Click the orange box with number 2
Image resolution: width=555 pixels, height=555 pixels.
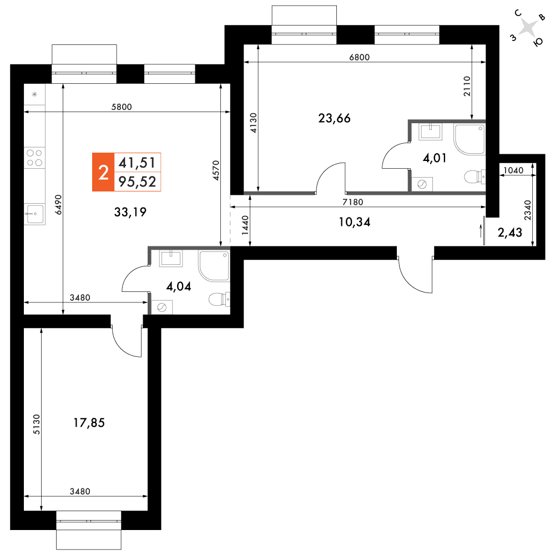(103, 173)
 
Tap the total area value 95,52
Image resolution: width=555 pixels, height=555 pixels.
(137, 182)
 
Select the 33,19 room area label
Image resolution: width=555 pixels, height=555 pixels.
(130, 212)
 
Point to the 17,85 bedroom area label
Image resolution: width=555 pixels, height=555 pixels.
(89, 422)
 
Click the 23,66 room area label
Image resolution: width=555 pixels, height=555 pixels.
(335, 118)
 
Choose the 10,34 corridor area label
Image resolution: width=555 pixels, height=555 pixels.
(355, 222)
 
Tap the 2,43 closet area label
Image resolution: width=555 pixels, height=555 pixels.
(509, 233)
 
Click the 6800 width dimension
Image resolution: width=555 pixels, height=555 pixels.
(359, 57)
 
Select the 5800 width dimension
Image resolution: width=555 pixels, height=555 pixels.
(122, 107)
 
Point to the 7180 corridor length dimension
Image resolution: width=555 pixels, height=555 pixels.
(353, 202)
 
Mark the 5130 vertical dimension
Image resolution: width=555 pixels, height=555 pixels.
(37, 425)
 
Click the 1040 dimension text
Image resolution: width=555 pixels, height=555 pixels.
(513, 170)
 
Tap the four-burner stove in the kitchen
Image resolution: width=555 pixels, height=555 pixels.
(34, 158)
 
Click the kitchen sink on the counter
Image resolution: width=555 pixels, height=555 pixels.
(34, 214)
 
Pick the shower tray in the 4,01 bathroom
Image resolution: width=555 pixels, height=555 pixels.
(470, 139)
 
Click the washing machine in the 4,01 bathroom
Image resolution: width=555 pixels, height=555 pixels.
(422, 184)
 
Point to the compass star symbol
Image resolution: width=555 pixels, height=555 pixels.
(528, 28)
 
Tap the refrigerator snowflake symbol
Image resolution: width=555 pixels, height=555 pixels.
(34, 94)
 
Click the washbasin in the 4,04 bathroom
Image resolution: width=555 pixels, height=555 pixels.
(171, 259)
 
